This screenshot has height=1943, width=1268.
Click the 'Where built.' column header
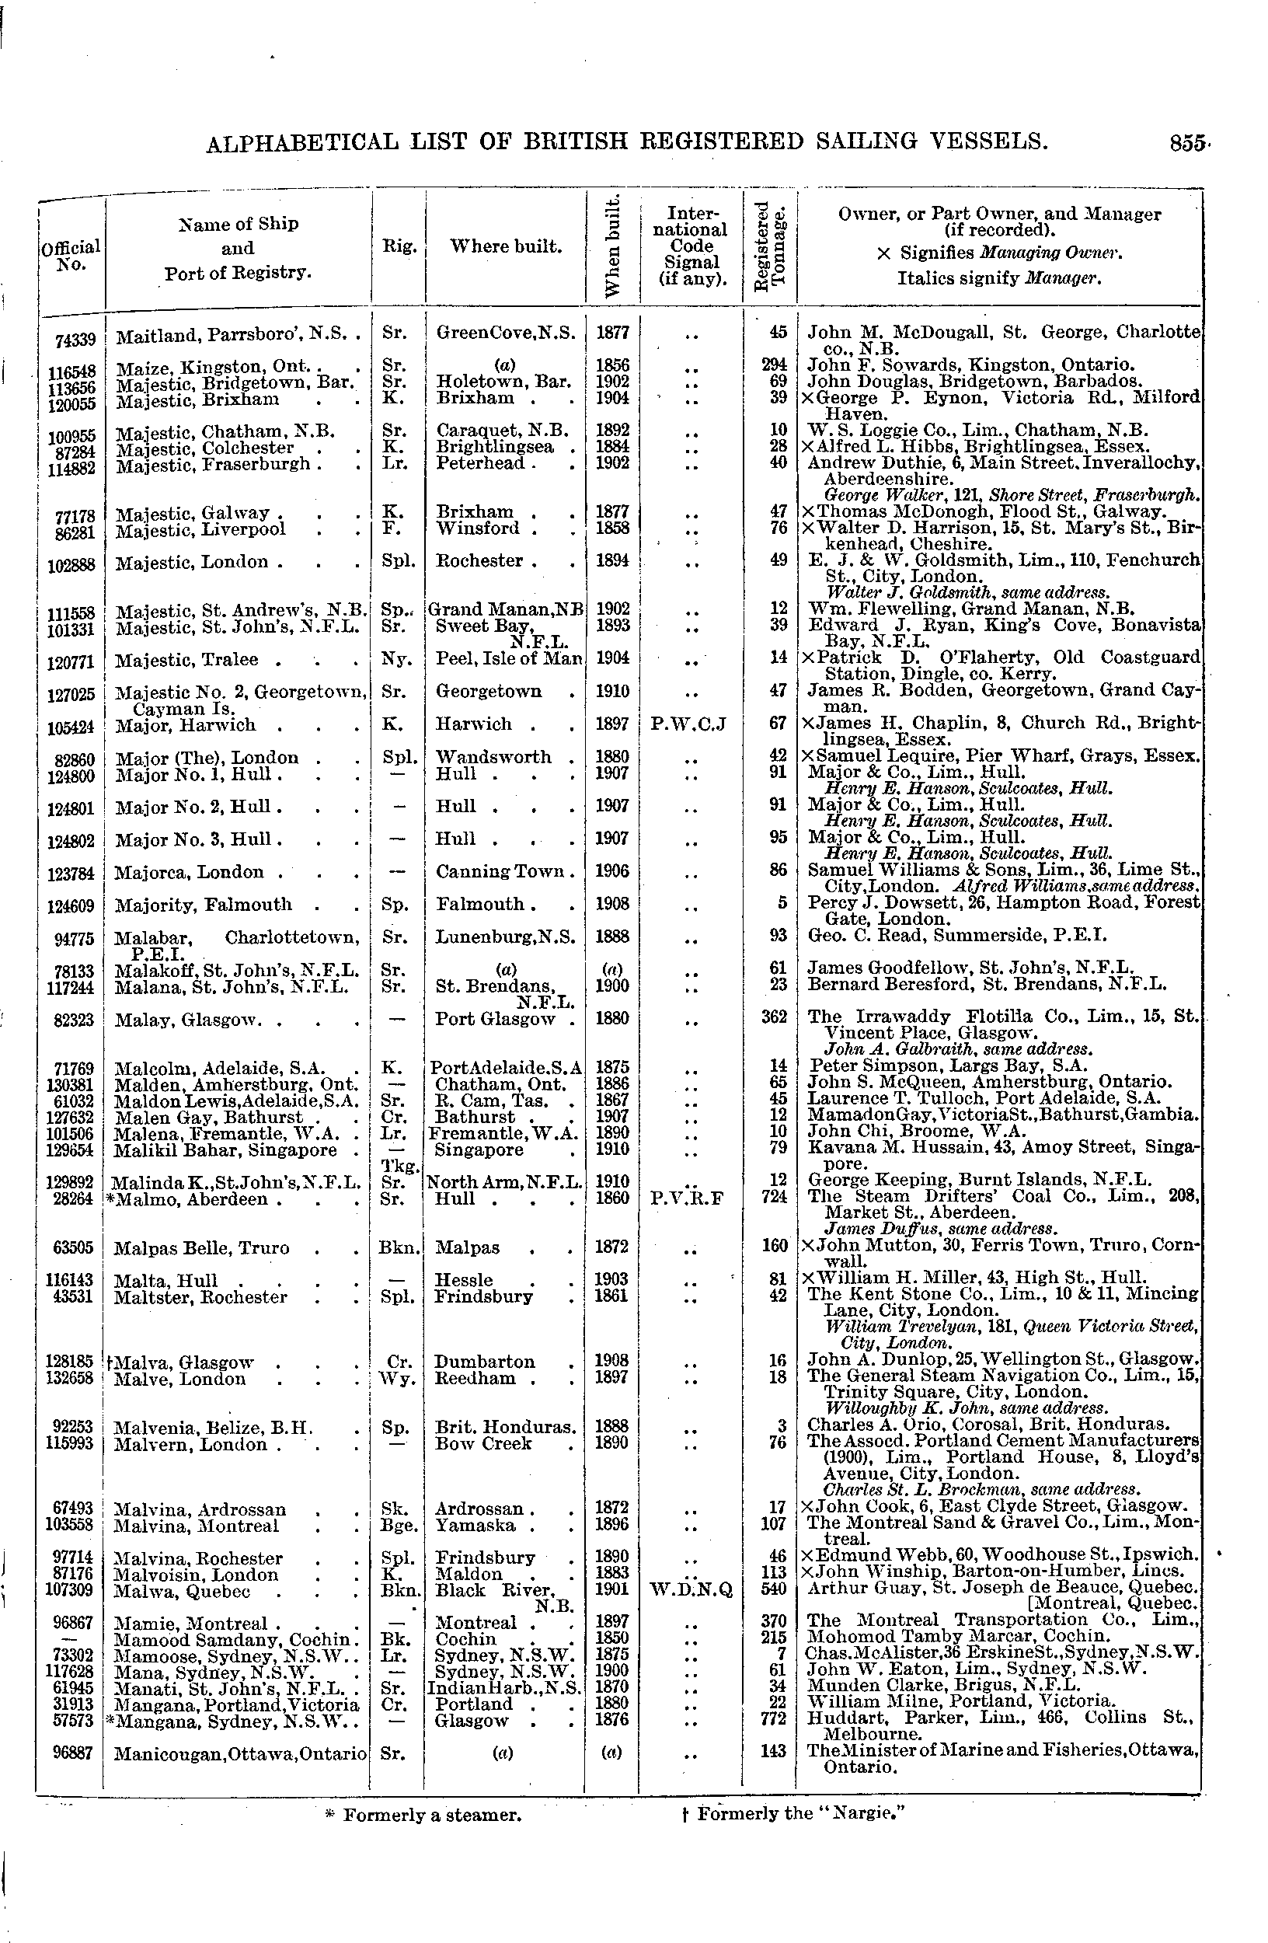coord(506,246)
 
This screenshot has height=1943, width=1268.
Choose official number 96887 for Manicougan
coord(76,1752)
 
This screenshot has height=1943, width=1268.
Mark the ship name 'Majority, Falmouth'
coord(204,905)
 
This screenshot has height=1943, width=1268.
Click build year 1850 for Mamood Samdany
coord(612,1638)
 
